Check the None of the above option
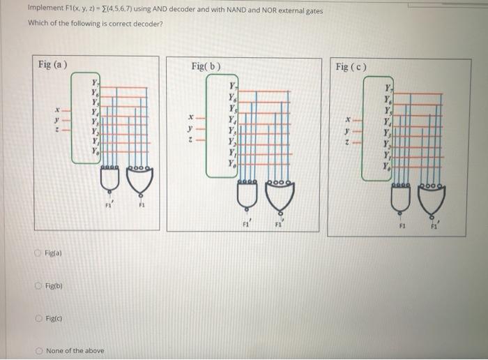[x=39, y=350]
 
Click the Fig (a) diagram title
[x=53, y=65]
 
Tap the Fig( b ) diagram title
[x=206, y=66]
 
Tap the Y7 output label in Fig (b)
[x=233, y=86]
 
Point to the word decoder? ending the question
[x=146, y=22]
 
